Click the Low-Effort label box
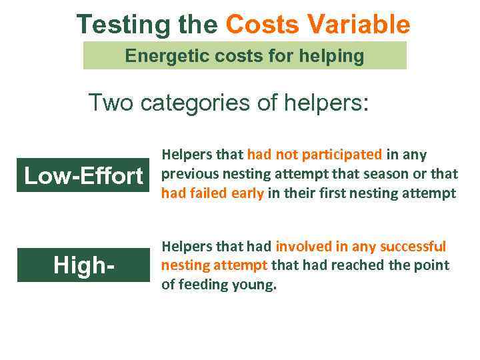(83, 176)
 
